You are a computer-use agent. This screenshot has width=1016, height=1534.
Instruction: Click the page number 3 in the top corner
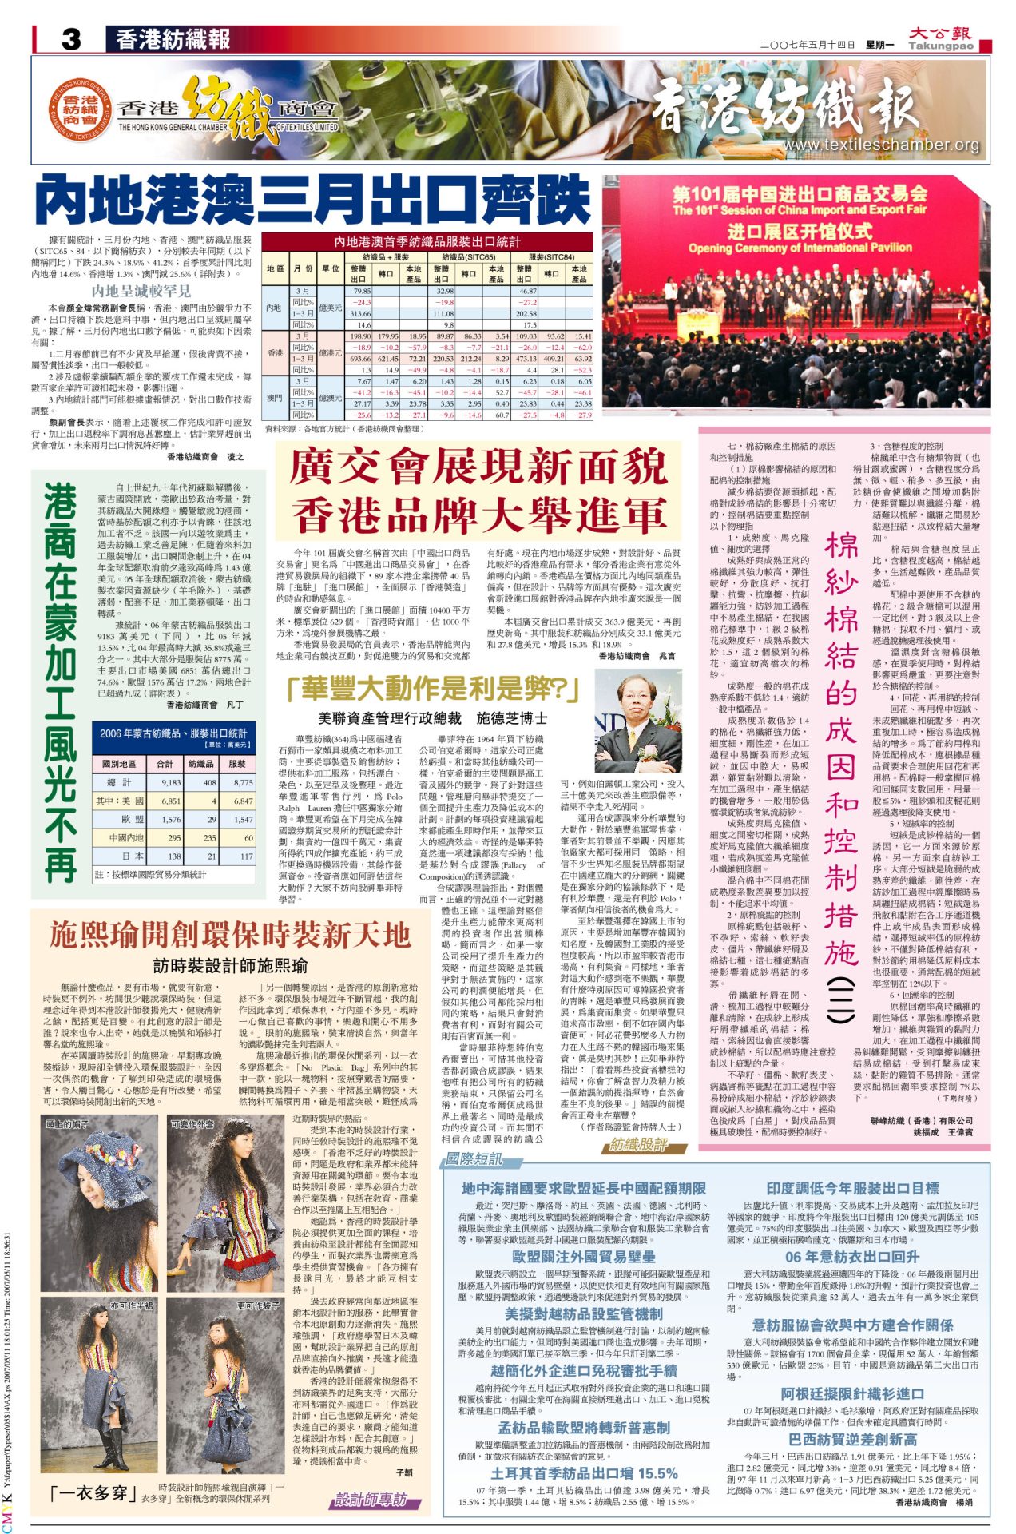point(71,39)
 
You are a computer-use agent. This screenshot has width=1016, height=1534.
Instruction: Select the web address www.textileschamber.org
point(892,145)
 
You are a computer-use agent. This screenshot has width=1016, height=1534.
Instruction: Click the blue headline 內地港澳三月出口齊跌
point(313,201)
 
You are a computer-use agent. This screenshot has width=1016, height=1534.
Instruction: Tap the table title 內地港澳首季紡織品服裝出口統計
point(427,241)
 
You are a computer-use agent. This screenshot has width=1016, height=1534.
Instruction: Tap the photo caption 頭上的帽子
point(67,1124)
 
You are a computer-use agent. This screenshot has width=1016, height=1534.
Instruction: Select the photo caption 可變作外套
point(192,1124)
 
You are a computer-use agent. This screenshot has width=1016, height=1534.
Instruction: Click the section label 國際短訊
point(474,1158)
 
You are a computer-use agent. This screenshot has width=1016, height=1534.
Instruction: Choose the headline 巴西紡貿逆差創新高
point(852,1439)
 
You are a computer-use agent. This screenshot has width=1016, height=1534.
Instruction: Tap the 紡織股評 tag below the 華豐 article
point(637,1144)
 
